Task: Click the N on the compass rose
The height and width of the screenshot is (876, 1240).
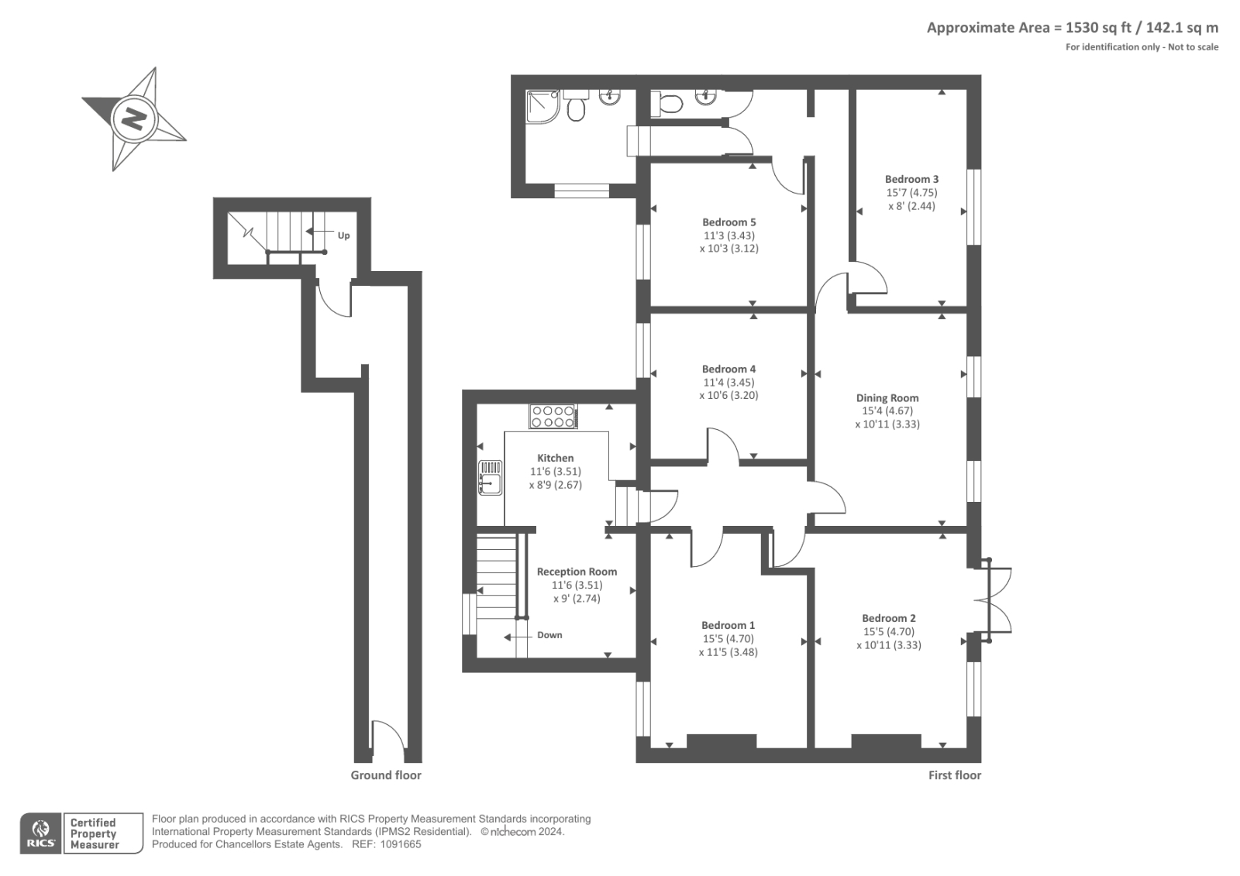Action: click(134, 119)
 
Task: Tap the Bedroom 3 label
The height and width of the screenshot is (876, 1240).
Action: click(911, 179)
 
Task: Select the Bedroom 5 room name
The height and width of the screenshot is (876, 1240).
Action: click(728, 222)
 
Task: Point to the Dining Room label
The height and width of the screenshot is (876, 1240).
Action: click(887, 397)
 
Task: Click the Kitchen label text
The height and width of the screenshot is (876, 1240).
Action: click(555, 458)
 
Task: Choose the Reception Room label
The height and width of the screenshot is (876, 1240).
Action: click(577, 571)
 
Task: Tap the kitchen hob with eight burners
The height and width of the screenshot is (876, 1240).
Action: click(553, 416)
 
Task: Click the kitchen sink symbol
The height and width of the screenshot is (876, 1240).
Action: click(490, 477)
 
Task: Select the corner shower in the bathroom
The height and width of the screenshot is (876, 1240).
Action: click(543, 106)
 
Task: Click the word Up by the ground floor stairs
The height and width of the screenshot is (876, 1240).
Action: click(344, 235)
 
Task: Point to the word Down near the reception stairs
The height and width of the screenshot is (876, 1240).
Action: click(549, 634)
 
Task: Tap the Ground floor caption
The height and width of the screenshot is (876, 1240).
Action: click(386, 775)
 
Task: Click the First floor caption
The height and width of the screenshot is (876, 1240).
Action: click(954, 775)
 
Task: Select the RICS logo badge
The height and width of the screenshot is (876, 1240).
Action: click(41, 833)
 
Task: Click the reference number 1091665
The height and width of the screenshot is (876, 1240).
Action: click(400, 844)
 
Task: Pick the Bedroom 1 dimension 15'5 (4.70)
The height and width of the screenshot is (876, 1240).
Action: click(728, 638)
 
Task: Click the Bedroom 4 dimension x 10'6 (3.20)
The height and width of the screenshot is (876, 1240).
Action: click(728, 395)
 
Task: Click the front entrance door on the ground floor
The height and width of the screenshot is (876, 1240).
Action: click(388, 741)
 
